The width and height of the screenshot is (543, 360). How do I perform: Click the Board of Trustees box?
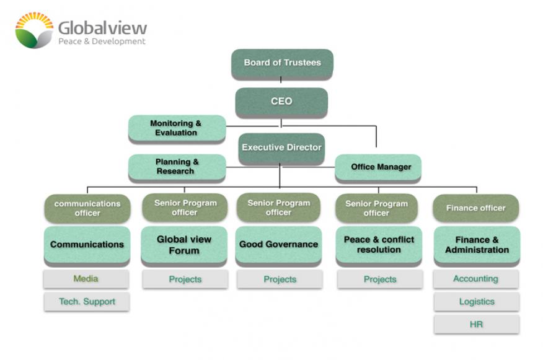(282, 63)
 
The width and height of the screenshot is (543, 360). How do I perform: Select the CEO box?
(281, 102)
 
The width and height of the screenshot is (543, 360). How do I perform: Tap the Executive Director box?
(281, 147)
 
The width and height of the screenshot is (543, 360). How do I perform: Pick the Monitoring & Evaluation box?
(176, 128)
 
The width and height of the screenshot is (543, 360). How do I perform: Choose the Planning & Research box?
(177, 167)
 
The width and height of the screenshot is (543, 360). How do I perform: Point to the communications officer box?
(87, 208)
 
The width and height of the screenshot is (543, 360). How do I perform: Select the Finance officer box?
(475, 208)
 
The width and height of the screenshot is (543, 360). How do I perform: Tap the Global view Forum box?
(184, 245)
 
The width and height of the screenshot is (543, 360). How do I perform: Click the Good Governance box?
(278, 244)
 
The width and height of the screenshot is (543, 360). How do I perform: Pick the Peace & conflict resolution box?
(379, 244)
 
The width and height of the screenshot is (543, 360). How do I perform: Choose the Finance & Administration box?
(476, 244)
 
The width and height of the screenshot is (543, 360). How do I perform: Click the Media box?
(86, 279)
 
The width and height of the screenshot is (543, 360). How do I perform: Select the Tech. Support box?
(86, 302)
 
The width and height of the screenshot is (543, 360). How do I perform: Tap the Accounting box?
(475, 279)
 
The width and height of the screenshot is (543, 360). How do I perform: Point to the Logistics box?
(476, 302)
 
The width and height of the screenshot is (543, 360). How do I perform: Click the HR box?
(476, 324)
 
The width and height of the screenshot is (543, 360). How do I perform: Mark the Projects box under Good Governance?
(280, 279)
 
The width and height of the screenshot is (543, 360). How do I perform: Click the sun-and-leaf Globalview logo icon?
(34, 29)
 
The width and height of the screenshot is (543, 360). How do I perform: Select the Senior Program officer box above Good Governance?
(278, 208)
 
